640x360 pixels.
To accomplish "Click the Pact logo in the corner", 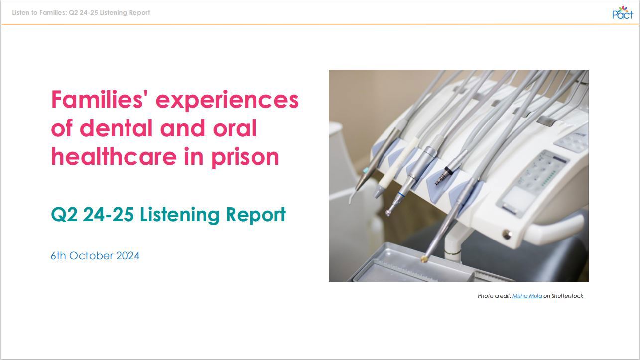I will coord(622,12).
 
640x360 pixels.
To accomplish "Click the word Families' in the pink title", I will coord(100,99).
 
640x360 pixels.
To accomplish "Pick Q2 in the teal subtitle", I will coord(64,215).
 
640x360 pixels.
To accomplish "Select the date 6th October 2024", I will coord(95,256).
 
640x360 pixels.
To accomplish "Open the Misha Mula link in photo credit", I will coord(527,296).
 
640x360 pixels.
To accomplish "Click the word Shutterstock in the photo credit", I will coord(567,296).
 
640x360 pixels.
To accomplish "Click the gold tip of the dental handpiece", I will coord(424,259).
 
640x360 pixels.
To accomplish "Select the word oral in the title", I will coord(235,128).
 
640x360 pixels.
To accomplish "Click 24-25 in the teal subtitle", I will coord(109,215).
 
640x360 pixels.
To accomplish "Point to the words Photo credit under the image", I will coord(494,296).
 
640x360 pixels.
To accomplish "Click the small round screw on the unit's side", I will coord(507,234).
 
